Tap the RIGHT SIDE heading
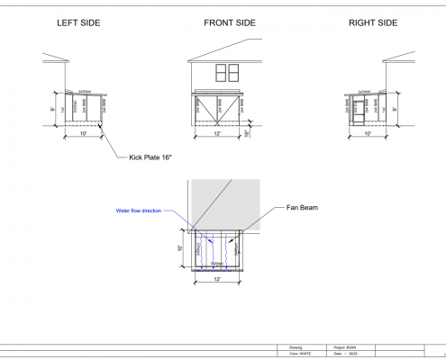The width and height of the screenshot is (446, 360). (x=371, y=22)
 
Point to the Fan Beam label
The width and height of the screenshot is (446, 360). (x=304, y=208)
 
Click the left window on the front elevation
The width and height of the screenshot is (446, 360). (x=219, y=72)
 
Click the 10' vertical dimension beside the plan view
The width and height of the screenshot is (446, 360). (x=180, y=248)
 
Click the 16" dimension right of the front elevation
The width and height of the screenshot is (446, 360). (x=247, y=132)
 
